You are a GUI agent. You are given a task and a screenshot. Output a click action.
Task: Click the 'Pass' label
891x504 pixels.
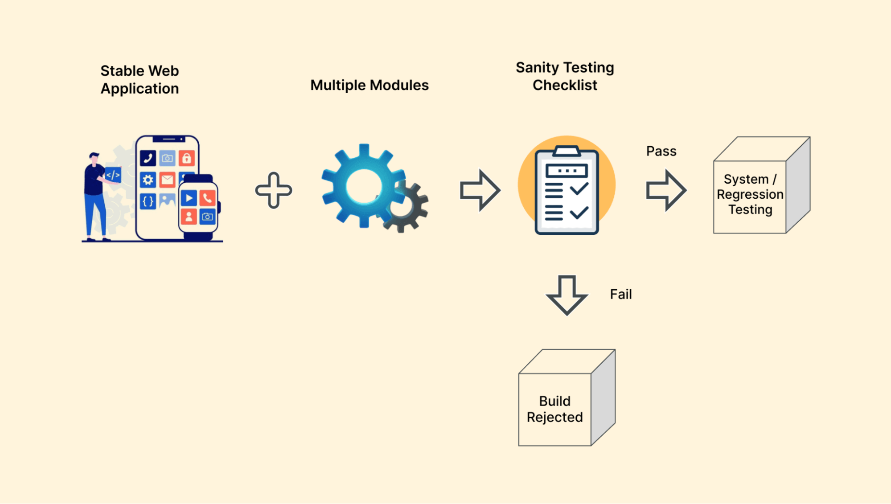[x=661, y=152]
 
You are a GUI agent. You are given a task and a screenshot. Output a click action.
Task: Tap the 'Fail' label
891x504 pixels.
[x=620, y=295]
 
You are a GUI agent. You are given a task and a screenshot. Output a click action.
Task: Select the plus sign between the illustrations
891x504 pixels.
[x=274, y=190]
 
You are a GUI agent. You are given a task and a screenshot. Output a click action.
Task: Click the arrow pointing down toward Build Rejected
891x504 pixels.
[x=567, y=295]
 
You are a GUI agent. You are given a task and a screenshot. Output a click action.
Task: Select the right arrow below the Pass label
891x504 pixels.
[x=666, y=190]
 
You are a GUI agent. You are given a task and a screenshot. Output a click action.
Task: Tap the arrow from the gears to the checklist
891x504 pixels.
[x=480, y=190]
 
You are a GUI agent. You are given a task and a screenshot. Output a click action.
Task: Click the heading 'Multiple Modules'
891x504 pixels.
[x=370, y=85]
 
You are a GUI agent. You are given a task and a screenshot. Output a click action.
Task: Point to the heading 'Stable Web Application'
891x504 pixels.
[x=140, y=80]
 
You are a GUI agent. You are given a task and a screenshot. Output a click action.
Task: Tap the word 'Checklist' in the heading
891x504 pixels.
[x=565, y=85]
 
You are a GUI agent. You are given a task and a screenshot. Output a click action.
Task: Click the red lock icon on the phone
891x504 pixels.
[x=187, y=158]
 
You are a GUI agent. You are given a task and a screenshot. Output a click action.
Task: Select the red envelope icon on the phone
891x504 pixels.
[x=167, y=180]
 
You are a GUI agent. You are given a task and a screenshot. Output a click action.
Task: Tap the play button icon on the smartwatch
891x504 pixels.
[x=189, y=198]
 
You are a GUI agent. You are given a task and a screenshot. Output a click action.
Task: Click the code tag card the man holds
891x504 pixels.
[x=113, y=175]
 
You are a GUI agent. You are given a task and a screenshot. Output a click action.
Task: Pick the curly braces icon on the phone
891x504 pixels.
[x=148, y=201]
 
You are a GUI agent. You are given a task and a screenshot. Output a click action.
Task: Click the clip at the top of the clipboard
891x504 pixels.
[x=567, y=152]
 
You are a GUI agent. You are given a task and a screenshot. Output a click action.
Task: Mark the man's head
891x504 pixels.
[x=94, y=158]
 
